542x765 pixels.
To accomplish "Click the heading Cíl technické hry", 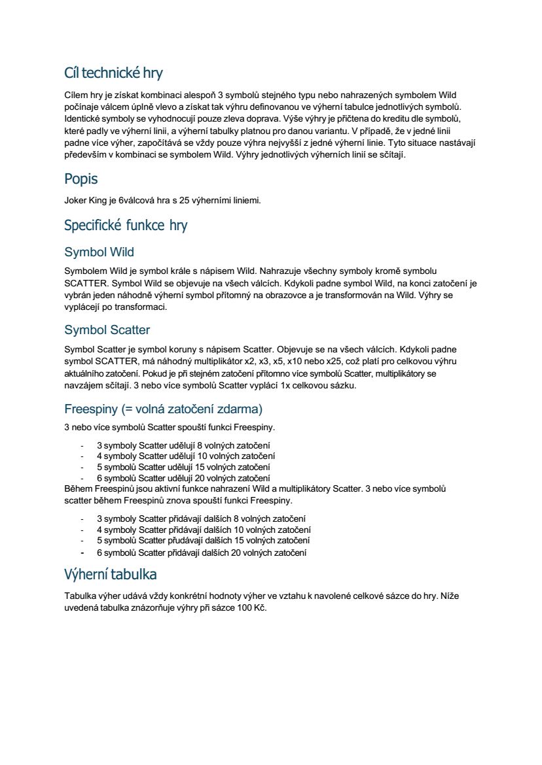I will coord(113,72).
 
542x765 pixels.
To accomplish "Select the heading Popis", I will coord(81,178).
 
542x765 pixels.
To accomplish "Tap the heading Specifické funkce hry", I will coord(126,226).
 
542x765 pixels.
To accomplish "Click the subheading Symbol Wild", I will coord(99,252).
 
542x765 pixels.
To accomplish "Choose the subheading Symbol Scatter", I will coord(107,330).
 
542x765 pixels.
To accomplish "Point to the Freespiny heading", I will coord(163,409).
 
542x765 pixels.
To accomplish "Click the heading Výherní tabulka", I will coord(110,575).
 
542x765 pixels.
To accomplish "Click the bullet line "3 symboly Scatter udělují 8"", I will coord(183,445).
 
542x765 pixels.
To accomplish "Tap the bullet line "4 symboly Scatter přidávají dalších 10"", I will coord(204,530).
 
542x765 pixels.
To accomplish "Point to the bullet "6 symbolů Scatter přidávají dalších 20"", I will coord(202,552).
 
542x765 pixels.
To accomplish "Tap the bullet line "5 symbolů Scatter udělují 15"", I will coord(183,467).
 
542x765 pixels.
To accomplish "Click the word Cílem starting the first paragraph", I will coord(77,94).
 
